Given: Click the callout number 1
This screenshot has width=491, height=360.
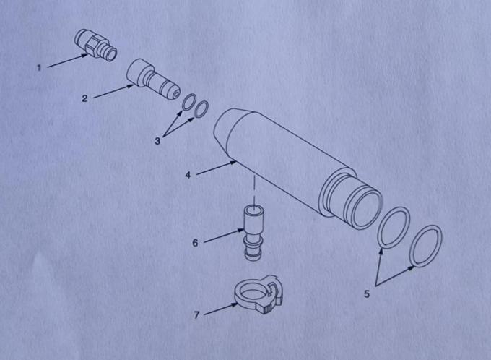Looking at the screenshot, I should (39, 68).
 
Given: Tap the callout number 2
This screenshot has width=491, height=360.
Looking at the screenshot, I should (84, 98).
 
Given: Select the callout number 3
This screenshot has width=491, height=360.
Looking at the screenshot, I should (157, 141).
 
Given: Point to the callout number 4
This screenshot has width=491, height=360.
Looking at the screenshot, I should (188, 175).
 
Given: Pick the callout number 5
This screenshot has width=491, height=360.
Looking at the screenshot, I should (366, 294).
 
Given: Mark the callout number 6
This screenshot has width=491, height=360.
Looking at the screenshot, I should (195, 243).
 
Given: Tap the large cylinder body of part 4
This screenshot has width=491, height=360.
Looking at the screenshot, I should (289, 163).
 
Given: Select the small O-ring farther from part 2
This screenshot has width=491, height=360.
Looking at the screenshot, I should (201, 108).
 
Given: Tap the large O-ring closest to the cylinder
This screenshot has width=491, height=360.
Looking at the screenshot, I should (394, 228).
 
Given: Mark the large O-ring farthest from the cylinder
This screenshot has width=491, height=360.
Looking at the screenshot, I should (425, 246).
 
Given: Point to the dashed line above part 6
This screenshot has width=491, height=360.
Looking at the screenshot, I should (254, 191).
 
